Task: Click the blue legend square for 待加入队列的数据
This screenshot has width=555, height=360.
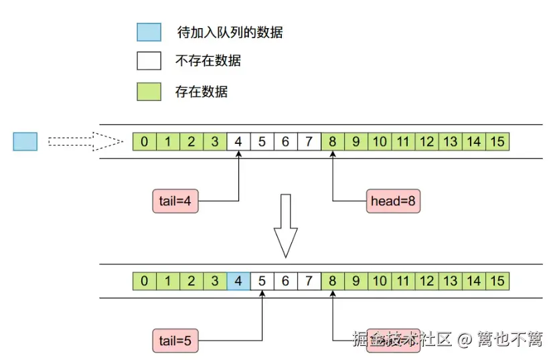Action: (149, 31)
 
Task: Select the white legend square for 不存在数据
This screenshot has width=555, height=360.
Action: (149, 61)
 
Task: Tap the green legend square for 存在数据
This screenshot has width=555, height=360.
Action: (149, 92)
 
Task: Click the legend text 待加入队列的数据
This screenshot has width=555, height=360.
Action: (230, 31)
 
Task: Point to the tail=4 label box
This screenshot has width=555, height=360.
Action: (175, 200)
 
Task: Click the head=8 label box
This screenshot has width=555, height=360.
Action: (394, 200)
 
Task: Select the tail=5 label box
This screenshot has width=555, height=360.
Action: (175, 340)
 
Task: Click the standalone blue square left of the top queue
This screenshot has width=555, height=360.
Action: (25, 141)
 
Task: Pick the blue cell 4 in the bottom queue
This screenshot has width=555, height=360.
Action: (238, 280)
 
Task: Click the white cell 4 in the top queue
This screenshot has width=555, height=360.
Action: (238, 141)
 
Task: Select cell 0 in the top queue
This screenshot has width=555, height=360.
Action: (145, 141)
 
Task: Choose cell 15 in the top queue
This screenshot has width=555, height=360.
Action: (497, 141)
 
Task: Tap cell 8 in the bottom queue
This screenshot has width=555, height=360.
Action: (333, 280)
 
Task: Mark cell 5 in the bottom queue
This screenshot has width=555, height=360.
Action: (262, 280)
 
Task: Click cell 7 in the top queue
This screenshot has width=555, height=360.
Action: (309, 141)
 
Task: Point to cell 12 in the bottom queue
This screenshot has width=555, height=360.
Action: (426, 280)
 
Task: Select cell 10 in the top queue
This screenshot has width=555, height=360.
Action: (380, 141)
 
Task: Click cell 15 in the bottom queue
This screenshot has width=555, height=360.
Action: (497, 280)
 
